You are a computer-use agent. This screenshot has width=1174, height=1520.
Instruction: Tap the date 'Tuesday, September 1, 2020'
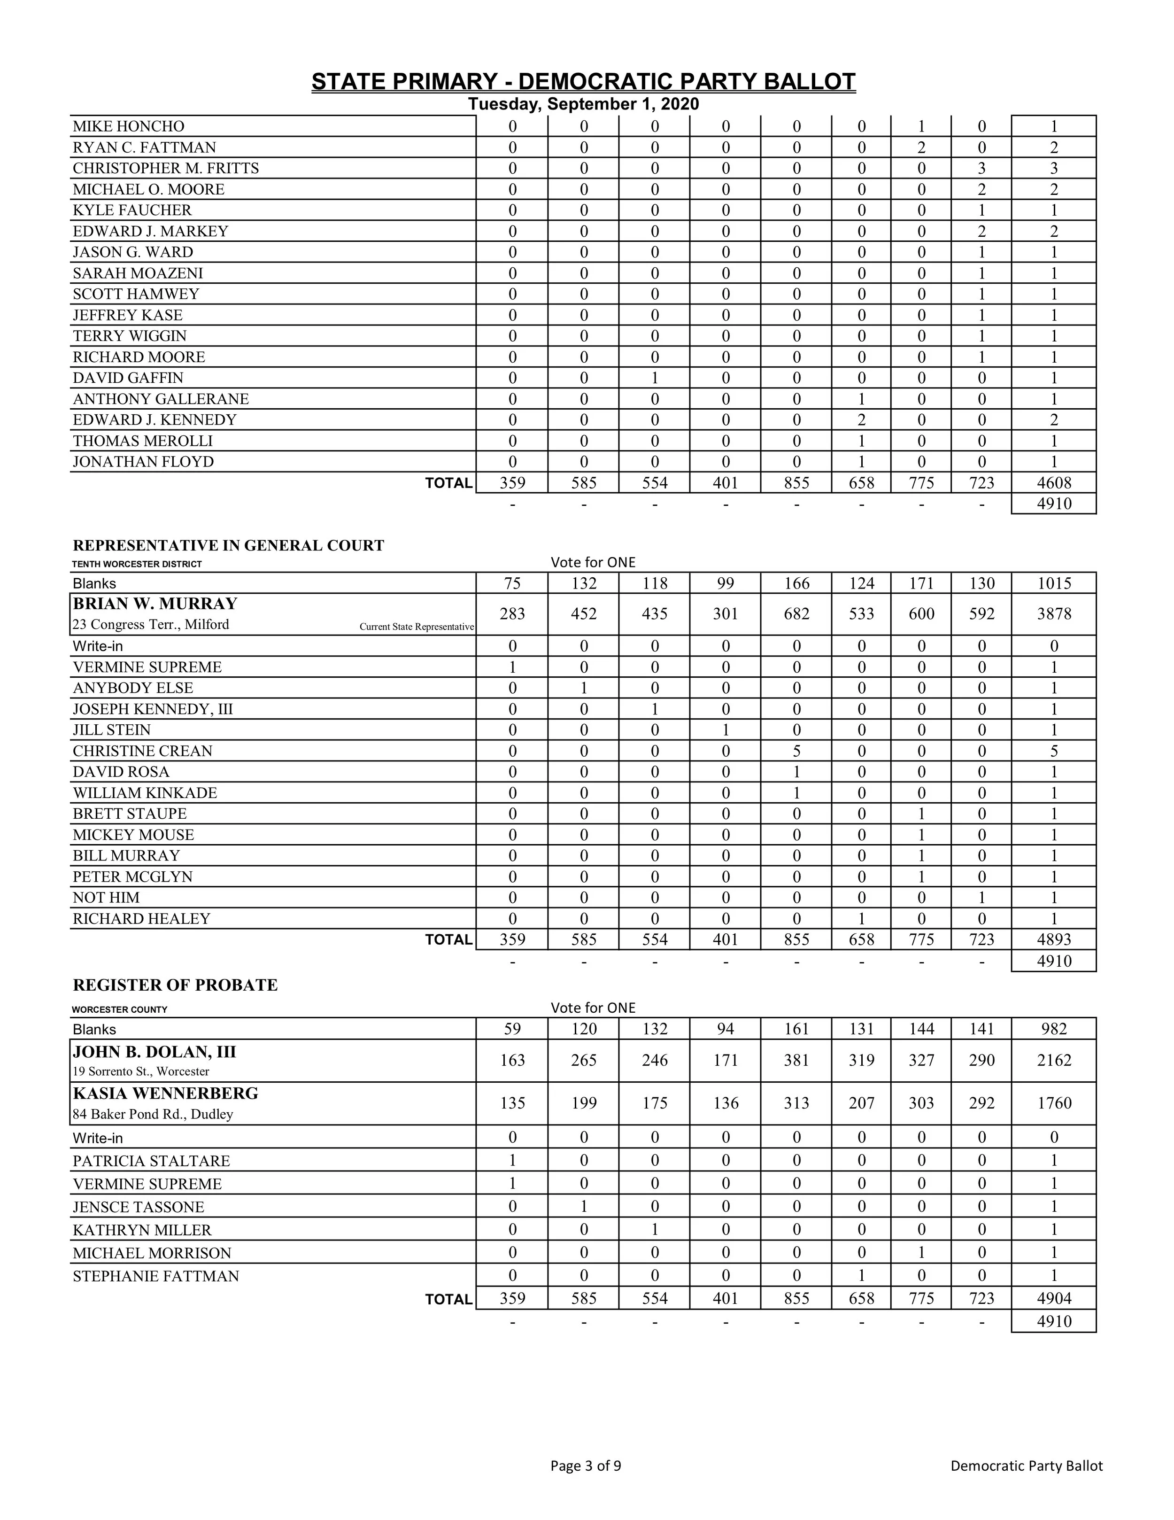click(x=583, y=104)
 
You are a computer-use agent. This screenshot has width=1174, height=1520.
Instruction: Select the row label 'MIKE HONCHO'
click(x=129, y=126)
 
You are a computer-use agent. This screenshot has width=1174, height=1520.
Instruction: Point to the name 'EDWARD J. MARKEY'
click(x=150, y=231)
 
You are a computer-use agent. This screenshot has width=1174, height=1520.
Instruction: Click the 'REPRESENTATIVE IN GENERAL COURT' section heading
click(x=228, y=545)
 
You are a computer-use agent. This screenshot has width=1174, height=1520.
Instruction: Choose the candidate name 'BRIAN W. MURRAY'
click(x=155, y=604)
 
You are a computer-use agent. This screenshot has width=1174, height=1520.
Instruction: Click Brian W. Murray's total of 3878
click(x=1054, y=614)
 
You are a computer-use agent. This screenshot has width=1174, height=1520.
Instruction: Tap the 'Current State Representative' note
click(x=417, y=627)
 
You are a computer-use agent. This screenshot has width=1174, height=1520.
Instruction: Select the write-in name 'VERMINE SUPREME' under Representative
click(x=147, y=667)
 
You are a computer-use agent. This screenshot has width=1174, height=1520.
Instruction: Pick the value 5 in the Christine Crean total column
click(x=1054, y=751)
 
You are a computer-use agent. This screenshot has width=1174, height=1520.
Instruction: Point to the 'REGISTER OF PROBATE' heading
click(x=175, y=985)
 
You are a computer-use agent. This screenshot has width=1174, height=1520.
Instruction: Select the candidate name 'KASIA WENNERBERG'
click(x=166, y=1093)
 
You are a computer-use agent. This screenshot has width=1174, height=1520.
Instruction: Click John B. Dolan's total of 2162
click(x=1054, y=1060)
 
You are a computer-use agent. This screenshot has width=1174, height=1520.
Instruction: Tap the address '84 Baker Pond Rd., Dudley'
click(x=153, y=1114)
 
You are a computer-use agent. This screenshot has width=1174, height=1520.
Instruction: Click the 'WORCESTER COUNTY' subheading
click(x=120, y=1009)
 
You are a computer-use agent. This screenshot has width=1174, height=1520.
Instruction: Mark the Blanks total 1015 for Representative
click(x=1054, y=583)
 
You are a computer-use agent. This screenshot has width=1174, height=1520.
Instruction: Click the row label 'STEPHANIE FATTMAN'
click(x=156, y=1276)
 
